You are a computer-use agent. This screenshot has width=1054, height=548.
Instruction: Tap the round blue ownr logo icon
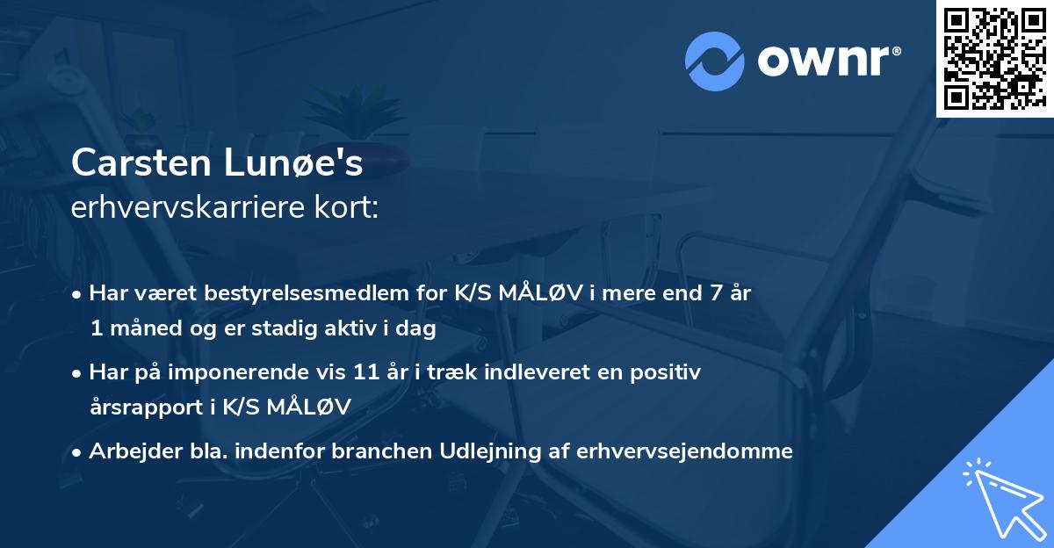coord(714,61)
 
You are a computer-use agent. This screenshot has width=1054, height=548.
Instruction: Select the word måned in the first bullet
coord(140,328)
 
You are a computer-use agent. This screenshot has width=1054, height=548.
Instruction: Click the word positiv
coord(668,372)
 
